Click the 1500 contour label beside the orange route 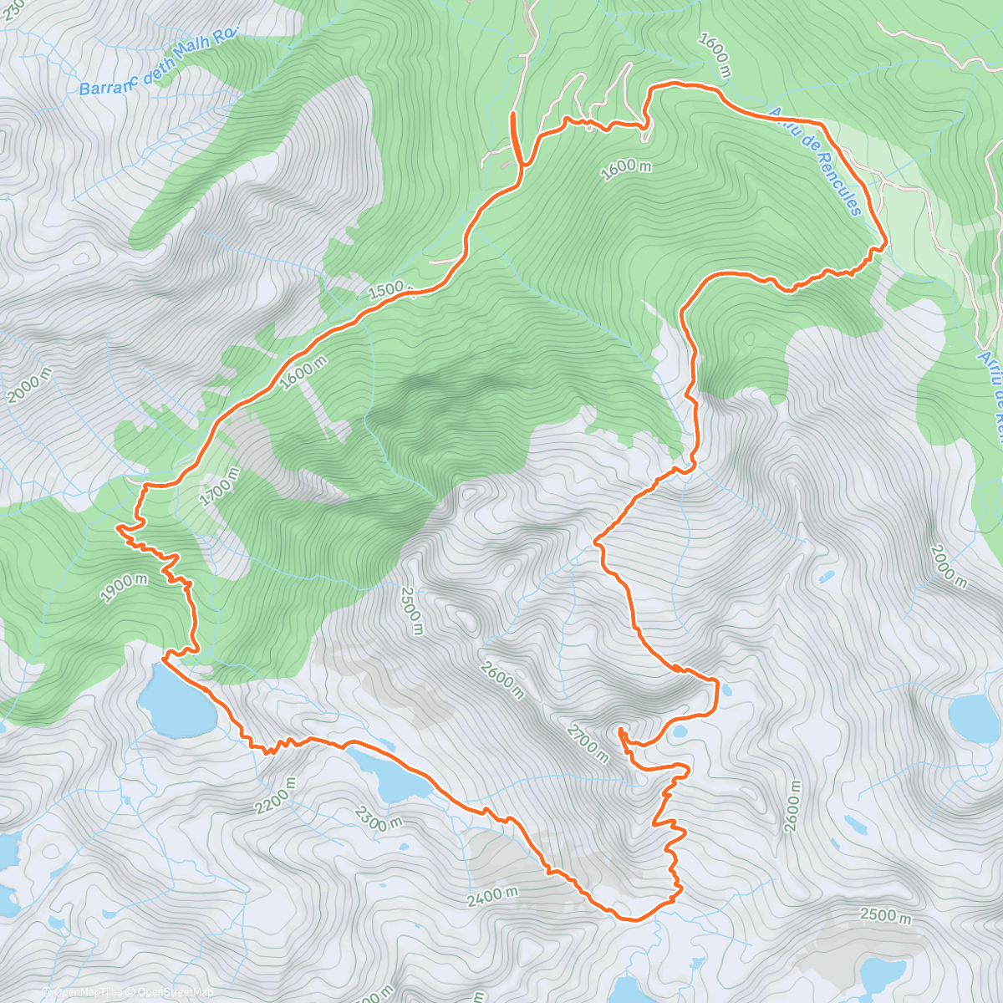click(389, 290)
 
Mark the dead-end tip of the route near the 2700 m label click(620, 731)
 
